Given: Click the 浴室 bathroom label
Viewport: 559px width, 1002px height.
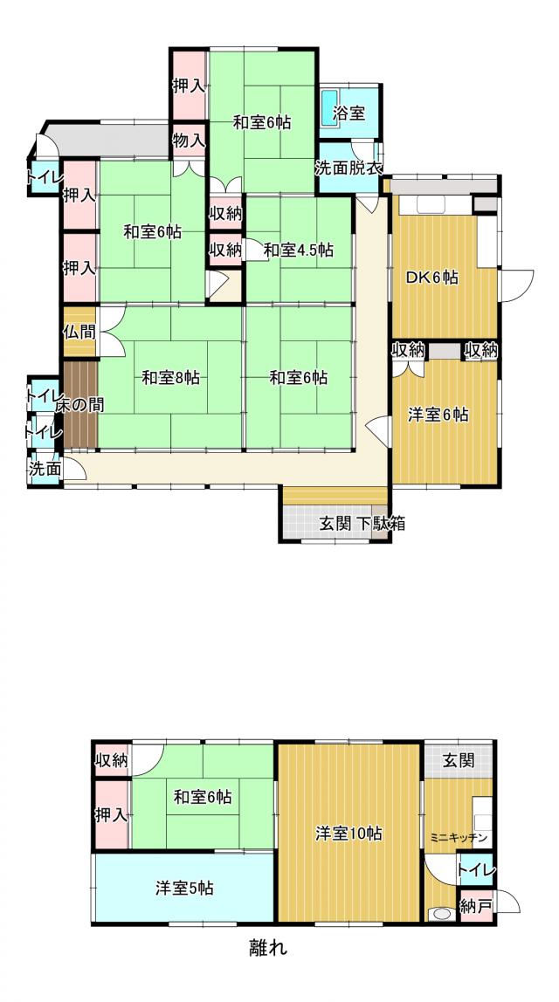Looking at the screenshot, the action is click(349, 113).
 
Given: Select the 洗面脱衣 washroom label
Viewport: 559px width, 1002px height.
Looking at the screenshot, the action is click(348, 168).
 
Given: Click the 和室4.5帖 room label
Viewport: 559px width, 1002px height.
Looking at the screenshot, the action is click(298, 250).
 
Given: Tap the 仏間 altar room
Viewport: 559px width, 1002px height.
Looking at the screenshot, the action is click(79, 333).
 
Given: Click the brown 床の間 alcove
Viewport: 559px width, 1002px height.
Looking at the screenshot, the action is click(79, 404).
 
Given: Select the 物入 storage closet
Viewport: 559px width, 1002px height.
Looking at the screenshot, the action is click(189, 141).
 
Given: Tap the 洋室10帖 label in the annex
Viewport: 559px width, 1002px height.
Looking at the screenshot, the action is click(349, 834).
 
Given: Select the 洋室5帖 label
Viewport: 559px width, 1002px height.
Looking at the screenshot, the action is click(184, 888).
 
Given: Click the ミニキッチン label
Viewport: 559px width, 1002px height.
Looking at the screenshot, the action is click(459, 837).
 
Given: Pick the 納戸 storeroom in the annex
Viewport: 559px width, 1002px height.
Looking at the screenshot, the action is click(475, 905).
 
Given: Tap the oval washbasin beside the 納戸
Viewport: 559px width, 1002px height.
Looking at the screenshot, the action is click(441, 913).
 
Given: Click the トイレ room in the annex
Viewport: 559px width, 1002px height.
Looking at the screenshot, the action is click(475, 870).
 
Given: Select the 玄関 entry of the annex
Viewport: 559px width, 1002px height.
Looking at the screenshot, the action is click(459, 760).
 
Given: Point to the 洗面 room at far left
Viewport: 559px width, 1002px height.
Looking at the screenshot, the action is click(45, 469).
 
